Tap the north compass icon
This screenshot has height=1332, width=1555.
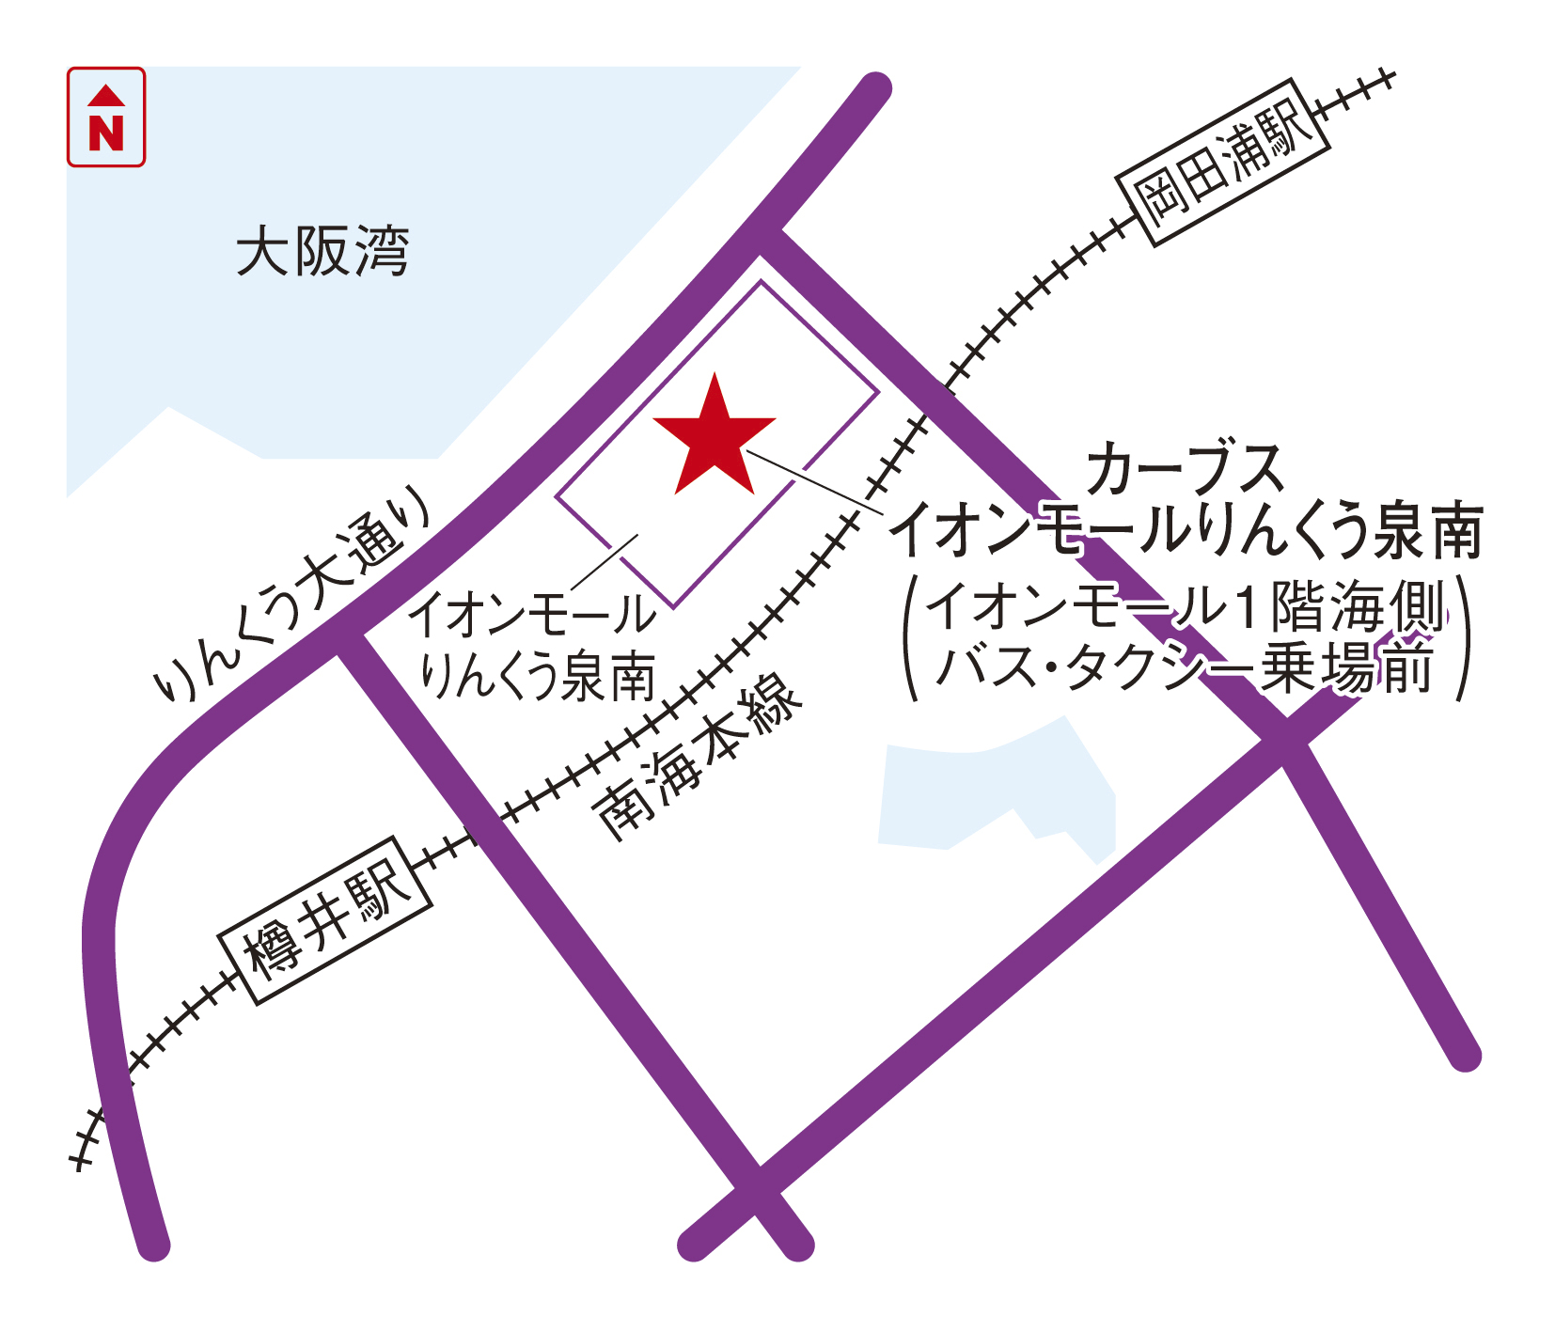pos(106,118)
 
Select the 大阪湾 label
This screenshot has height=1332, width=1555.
pos(322,252)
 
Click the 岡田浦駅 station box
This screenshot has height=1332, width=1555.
pos(1222,164)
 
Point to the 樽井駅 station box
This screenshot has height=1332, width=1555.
pos(325,920)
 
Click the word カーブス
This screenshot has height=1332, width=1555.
pos(1185,469)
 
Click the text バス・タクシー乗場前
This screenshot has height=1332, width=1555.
pos(1185,669)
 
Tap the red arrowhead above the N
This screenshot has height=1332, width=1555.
pos(106,95)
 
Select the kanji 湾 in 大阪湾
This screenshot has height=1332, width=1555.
pos(381,252)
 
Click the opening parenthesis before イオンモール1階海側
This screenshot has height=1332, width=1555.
pos(911,639)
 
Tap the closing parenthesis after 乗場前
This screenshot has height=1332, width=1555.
pos(1461,639)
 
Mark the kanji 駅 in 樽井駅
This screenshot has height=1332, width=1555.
pos(380,889)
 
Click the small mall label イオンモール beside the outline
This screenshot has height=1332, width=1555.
pos(532,615)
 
